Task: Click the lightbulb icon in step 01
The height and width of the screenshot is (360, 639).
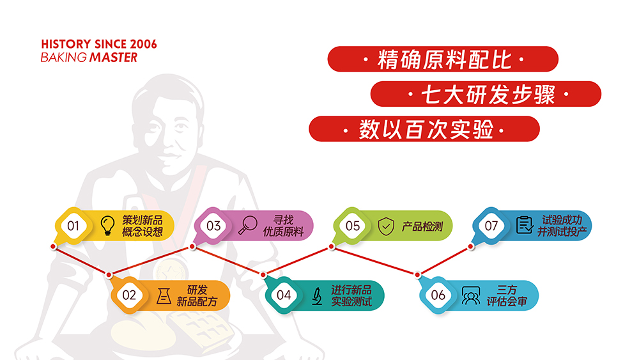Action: coord(107,226)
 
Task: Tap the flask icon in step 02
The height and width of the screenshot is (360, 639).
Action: coord(164,295)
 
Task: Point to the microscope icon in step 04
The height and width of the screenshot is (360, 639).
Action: coord(317,296)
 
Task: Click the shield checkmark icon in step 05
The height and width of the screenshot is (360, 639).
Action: coord(386,226)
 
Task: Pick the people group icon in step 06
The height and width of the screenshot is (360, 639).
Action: coord(471,295)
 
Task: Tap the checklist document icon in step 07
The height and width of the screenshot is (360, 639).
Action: coord(525,224)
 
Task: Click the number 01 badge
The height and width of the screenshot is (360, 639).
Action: coord(73,226)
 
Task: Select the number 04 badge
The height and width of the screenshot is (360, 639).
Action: coord(284,295)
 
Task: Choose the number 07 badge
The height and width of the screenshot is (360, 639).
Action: coord(491,226)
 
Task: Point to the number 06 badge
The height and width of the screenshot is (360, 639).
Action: coord(438,295)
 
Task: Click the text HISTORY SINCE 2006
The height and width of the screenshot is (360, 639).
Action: coord(99,44)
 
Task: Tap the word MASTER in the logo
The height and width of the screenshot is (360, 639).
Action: coord(113,58)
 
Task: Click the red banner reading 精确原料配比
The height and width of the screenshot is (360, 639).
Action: coord(443,59)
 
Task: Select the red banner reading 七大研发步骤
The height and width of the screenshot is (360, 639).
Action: coord(486,94)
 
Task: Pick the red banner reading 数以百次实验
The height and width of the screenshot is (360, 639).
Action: coord(424,129)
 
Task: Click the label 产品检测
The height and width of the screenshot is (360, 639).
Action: coord(422,226)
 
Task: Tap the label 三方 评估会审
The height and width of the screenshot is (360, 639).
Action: coord(507,295)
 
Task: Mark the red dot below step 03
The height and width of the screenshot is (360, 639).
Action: coord(192,246)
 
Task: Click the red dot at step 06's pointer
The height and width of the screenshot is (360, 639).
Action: coord(417,275)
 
